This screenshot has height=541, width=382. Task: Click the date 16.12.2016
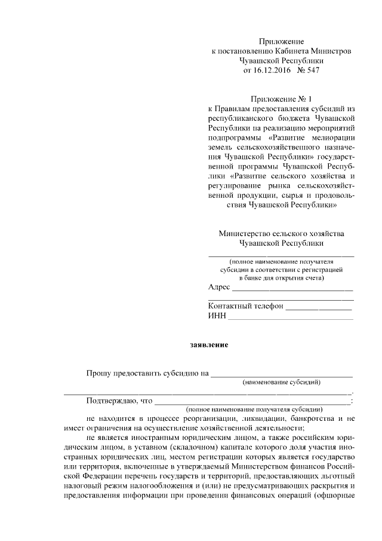click(x=271, y=70)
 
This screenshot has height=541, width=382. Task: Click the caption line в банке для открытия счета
click(x=281, y=277)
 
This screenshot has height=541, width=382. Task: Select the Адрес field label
click(x=219, y=288)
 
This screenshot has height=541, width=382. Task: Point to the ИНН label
click(x=217, y=316)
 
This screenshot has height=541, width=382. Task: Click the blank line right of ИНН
click(x=291, y=318)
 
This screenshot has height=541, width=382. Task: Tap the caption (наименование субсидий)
click(x=281, y=382)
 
